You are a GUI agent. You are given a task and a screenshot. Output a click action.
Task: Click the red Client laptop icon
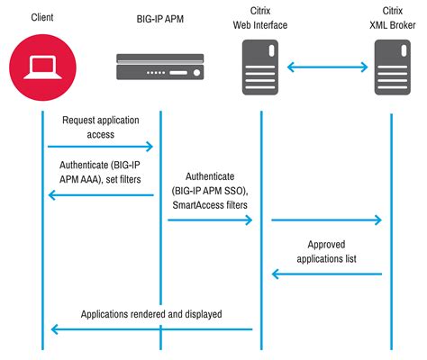coord(42,67)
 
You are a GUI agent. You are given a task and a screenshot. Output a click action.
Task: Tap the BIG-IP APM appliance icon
coord(160,67)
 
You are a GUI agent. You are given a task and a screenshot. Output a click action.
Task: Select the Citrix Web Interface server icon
coord(260,67)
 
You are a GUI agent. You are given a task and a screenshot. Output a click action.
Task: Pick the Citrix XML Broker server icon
coord(393,67)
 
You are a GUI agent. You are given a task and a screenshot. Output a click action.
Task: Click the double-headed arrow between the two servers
coord(327,67)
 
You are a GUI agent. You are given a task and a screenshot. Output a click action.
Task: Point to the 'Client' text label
coord(42,17)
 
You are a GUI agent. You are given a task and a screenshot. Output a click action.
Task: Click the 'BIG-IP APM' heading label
coord(160,19)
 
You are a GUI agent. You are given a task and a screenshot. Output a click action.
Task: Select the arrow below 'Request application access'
coord(100,147)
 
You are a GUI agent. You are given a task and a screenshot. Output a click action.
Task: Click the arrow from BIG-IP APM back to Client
coord(101,195)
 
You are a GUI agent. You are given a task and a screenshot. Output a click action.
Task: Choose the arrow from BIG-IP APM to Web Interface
coord(210,220)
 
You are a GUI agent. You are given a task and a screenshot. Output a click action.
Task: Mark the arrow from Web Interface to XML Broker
coord(327,220)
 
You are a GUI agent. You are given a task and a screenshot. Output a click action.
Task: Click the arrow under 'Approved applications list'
coord(327,274)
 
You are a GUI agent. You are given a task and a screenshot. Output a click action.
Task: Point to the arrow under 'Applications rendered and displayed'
coord(151,329)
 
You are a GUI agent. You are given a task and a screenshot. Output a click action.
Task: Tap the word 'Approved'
coord(326,245)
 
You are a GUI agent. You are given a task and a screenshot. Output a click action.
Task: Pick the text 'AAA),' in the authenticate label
coord(92,179)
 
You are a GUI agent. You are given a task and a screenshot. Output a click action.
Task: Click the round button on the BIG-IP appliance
coord(196,73)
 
